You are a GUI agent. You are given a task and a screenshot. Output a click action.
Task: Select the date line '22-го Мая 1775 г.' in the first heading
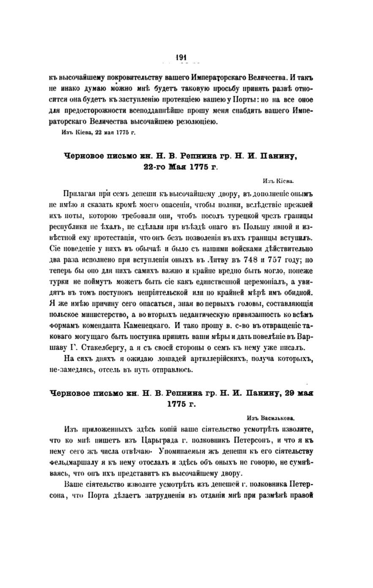click(x=180, y=167)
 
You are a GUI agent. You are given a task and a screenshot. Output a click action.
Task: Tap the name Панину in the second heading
click(x=256, y=393)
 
